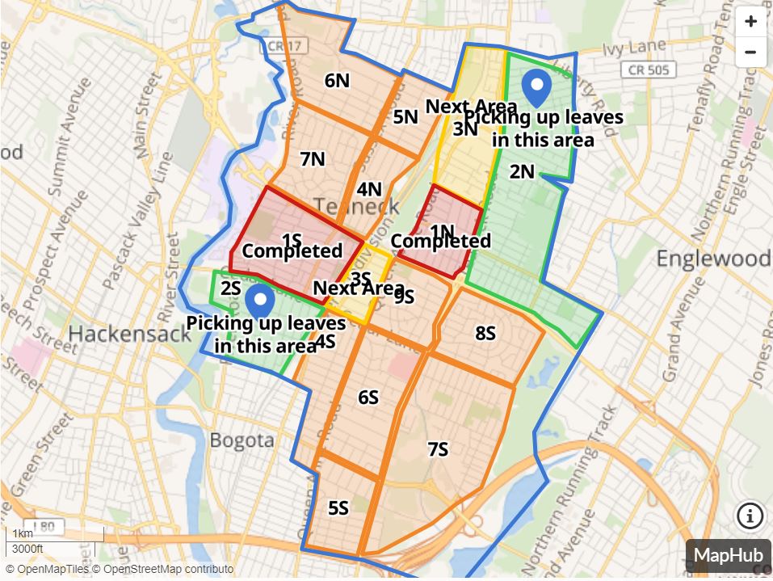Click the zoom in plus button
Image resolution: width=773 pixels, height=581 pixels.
(750, 22)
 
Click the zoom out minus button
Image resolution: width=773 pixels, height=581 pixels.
(750, 53)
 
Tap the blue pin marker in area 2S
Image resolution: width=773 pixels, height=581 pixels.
(259, 301)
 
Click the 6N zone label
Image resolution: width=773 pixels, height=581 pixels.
(337, 80)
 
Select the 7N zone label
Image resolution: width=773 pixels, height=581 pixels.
(312, 159)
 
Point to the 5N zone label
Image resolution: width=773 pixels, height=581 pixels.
(405, 116)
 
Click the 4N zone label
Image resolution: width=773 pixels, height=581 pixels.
(368, 189)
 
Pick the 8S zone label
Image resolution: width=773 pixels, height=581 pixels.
(485, 332)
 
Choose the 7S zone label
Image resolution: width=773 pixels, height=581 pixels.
(438, 449)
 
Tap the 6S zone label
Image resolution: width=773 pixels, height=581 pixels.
(368, 398)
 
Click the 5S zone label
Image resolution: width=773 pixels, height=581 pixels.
(338, 508)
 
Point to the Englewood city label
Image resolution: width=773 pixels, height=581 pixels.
(713, 259)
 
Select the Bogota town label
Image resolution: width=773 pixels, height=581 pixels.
(242, 440)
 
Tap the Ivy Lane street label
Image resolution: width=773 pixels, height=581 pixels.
(634, 47)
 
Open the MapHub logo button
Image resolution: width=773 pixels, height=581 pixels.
(729, 556)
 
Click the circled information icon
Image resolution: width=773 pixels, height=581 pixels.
(750, 515)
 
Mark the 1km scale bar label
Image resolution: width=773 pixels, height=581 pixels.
(23, 533)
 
